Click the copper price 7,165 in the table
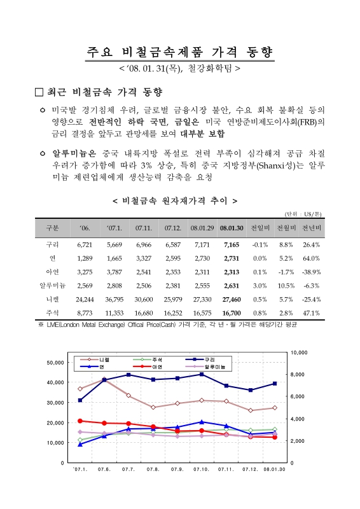230,244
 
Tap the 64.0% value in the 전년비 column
311,258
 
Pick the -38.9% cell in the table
310,272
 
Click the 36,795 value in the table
113,298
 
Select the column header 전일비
260,227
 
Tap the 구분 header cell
53,227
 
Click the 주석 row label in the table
53,312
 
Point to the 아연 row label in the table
53,272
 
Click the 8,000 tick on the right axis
299,374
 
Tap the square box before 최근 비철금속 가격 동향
40,92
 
